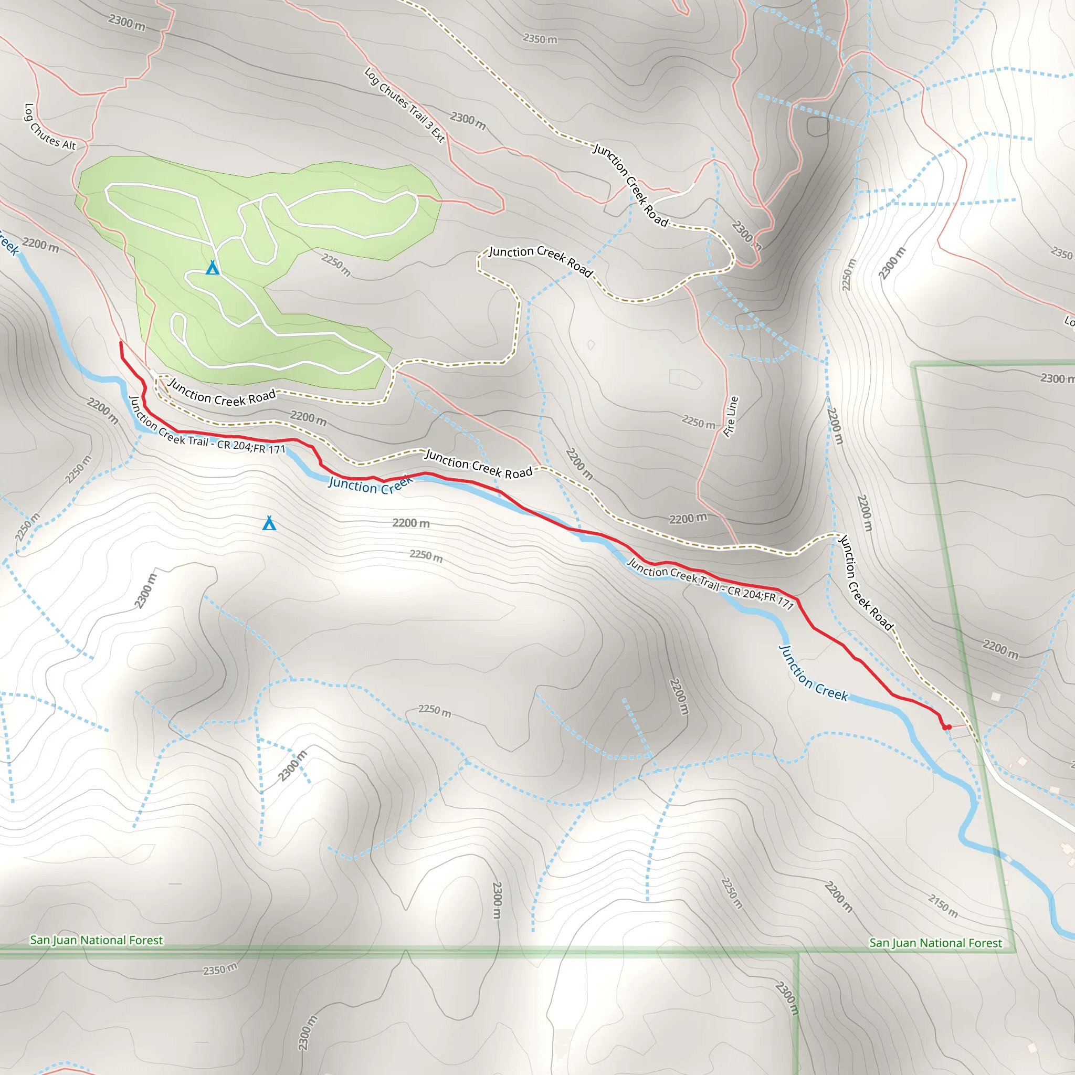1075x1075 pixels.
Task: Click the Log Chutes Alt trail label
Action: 49,128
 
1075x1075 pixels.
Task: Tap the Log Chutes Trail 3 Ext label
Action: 405,105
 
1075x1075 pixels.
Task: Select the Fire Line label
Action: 731,416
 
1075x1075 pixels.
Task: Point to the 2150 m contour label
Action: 943,905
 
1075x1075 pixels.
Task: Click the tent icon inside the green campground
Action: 213,268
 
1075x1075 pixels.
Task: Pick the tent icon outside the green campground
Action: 269,523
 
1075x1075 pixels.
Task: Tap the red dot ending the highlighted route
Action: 948,727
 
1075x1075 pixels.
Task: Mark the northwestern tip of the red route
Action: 121,343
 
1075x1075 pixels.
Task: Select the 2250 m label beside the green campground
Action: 336,265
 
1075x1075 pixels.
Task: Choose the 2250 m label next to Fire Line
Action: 698,423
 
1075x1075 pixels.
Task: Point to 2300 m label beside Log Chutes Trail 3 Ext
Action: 468,121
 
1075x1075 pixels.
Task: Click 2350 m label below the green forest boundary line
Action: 220,969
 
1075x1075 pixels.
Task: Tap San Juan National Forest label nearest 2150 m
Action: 935,943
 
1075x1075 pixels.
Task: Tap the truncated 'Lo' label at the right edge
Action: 1069,322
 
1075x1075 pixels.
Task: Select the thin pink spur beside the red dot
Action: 958,725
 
